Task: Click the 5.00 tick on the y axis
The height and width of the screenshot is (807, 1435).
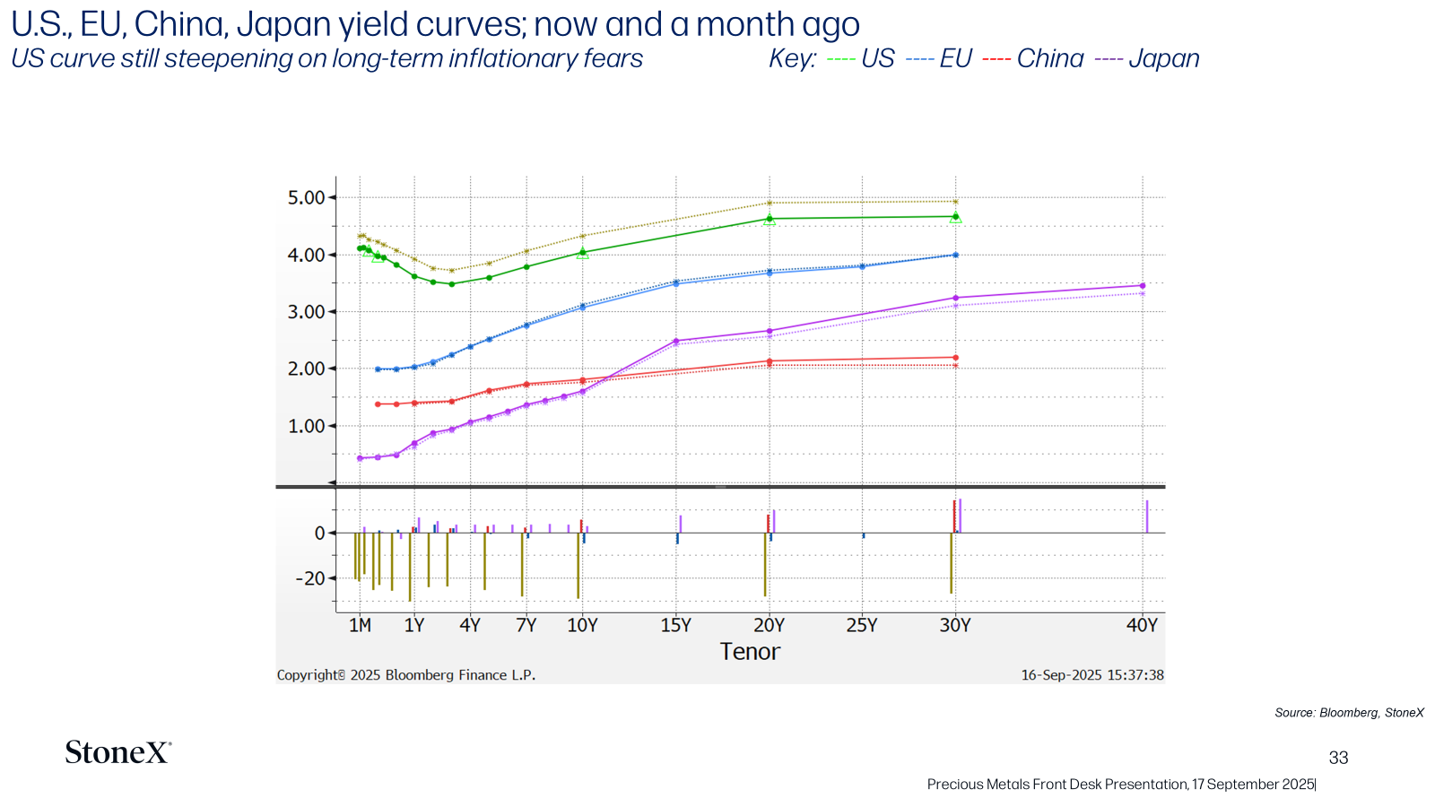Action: point(306,198)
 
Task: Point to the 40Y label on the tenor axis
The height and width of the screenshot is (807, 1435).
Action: point(1143,625)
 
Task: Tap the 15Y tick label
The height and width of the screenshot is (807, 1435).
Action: point(676,625)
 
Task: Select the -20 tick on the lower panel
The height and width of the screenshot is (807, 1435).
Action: point(310,579)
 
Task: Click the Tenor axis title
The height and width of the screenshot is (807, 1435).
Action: point(750,651)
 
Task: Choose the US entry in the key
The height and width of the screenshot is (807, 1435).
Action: point(860,58)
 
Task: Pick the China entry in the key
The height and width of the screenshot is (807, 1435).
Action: point(1032,58)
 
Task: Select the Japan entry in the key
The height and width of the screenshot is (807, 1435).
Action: point(1147,58)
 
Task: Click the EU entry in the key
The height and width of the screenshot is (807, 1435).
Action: point(938,58)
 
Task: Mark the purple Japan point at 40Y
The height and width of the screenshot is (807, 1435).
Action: point(1143,286)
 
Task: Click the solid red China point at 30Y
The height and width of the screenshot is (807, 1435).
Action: point(956,358)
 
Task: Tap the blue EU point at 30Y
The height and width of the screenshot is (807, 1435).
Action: point(956,255)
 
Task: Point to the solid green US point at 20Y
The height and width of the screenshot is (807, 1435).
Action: point(770,219)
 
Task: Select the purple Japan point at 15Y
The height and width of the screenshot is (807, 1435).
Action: point(676,341)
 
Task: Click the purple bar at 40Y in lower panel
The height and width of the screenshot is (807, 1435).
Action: point(1147,516)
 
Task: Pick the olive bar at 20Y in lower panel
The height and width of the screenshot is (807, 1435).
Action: point(765,564)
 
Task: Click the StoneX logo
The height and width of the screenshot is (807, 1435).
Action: point(118,752)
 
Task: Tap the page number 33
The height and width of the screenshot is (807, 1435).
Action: point(1338,758)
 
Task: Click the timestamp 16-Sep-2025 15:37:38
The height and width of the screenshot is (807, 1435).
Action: point(1092,675)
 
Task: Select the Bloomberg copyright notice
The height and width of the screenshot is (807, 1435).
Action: point(406,675)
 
